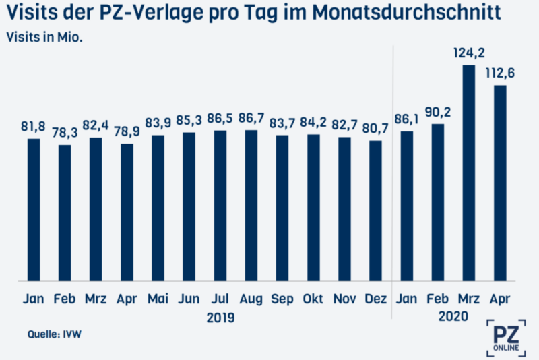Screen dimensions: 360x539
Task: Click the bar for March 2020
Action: click(x=468, y=172)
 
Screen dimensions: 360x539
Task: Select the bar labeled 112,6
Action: click(x=499, y=182)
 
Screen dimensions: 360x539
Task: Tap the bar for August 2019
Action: click(x=251, y=204)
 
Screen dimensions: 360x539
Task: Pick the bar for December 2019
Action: click(x=376, y=210)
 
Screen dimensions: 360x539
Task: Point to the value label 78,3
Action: click(x=65, y=133)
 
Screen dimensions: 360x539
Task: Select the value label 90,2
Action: click(x=437, y=112)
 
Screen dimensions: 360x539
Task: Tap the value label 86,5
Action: click(x=220, y=119)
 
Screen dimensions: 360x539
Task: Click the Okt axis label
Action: click(x=313, y=299)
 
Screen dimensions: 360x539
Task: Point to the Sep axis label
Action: click(x=282, y=299)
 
